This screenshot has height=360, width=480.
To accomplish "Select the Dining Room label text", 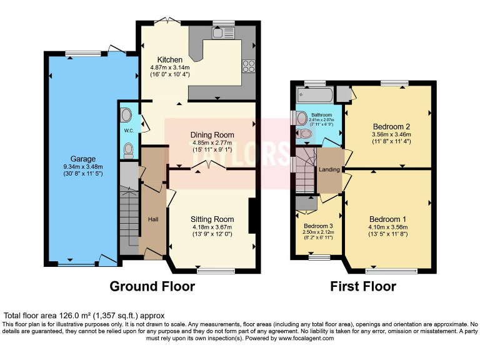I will (x=212, y=134).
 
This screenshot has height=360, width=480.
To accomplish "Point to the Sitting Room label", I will (x=212, y=219).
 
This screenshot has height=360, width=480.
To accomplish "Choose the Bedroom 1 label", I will (x=387, y=219).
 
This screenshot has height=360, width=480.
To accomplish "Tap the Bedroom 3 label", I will (x=318, y=226).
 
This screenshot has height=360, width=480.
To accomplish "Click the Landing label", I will (x=329, y=169).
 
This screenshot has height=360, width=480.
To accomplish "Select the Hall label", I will (x=153, y=219).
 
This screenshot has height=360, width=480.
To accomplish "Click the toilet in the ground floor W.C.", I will (x=128, y=149).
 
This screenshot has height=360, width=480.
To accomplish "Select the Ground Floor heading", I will (x=152, y=287).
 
